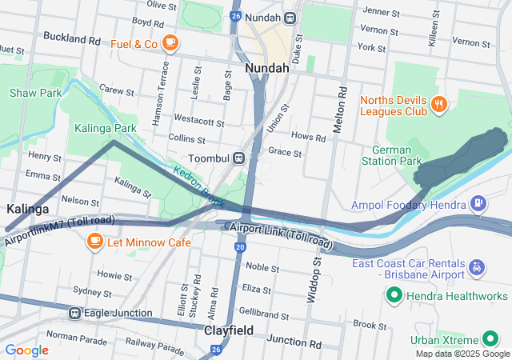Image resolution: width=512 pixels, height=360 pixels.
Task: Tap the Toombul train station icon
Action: (238, 158)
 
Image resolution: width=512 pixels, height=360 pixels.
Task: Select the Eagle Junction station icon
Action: (74, 313)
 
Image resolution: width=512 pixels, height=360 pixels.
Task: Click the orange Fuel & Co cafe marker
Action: (170, 42)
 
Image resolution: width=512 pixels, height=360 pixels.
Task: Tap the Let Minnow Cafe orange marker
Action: (94, 241)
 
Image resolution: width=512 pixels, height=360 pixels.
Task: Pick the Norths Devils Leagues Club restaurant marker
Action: (438, 104)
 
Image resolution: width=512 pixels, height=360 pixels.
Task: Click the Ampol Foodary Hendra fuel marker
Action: (478, 203)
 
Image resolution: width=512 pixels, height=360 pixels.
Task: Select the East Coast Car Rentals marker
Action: (478, 265)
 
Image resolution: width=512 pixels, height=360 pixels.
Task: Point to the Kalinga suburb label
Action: (28, 208)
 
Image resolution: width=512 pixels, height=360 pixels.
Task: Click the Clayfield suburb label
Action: (229, 330)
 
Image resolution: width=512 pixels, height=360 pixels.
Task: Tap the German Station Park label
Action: (397, 155)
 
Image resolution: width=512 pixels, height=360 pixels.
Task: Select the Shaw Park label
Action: (36, 93)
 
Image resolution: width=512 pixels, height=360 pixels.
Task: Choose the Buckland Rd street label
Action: (72, 38)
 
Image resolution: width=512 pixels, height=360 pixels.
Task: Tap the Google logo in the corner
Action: (26, 350)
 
